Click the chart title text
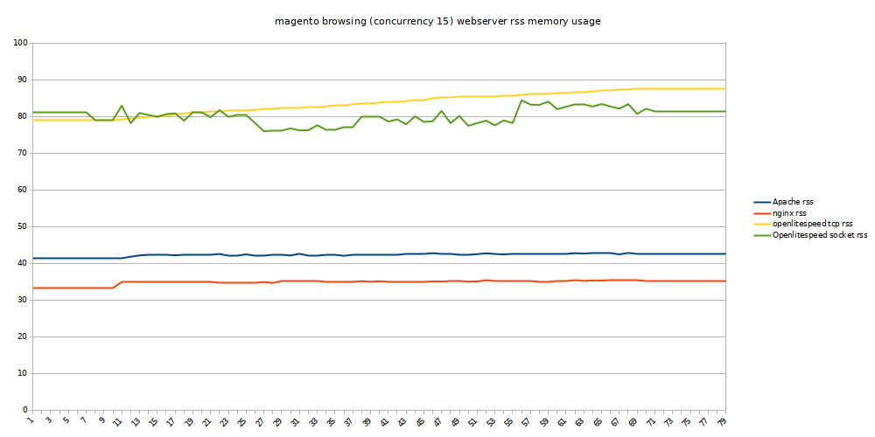437,21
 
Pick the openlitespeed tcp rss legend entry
812,224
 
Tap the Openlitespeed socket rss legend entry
819,234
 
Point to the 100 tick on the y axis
21,43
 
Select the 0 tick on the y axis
25,410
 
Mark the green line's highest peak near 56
521,100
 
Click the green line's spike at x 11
122,106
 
